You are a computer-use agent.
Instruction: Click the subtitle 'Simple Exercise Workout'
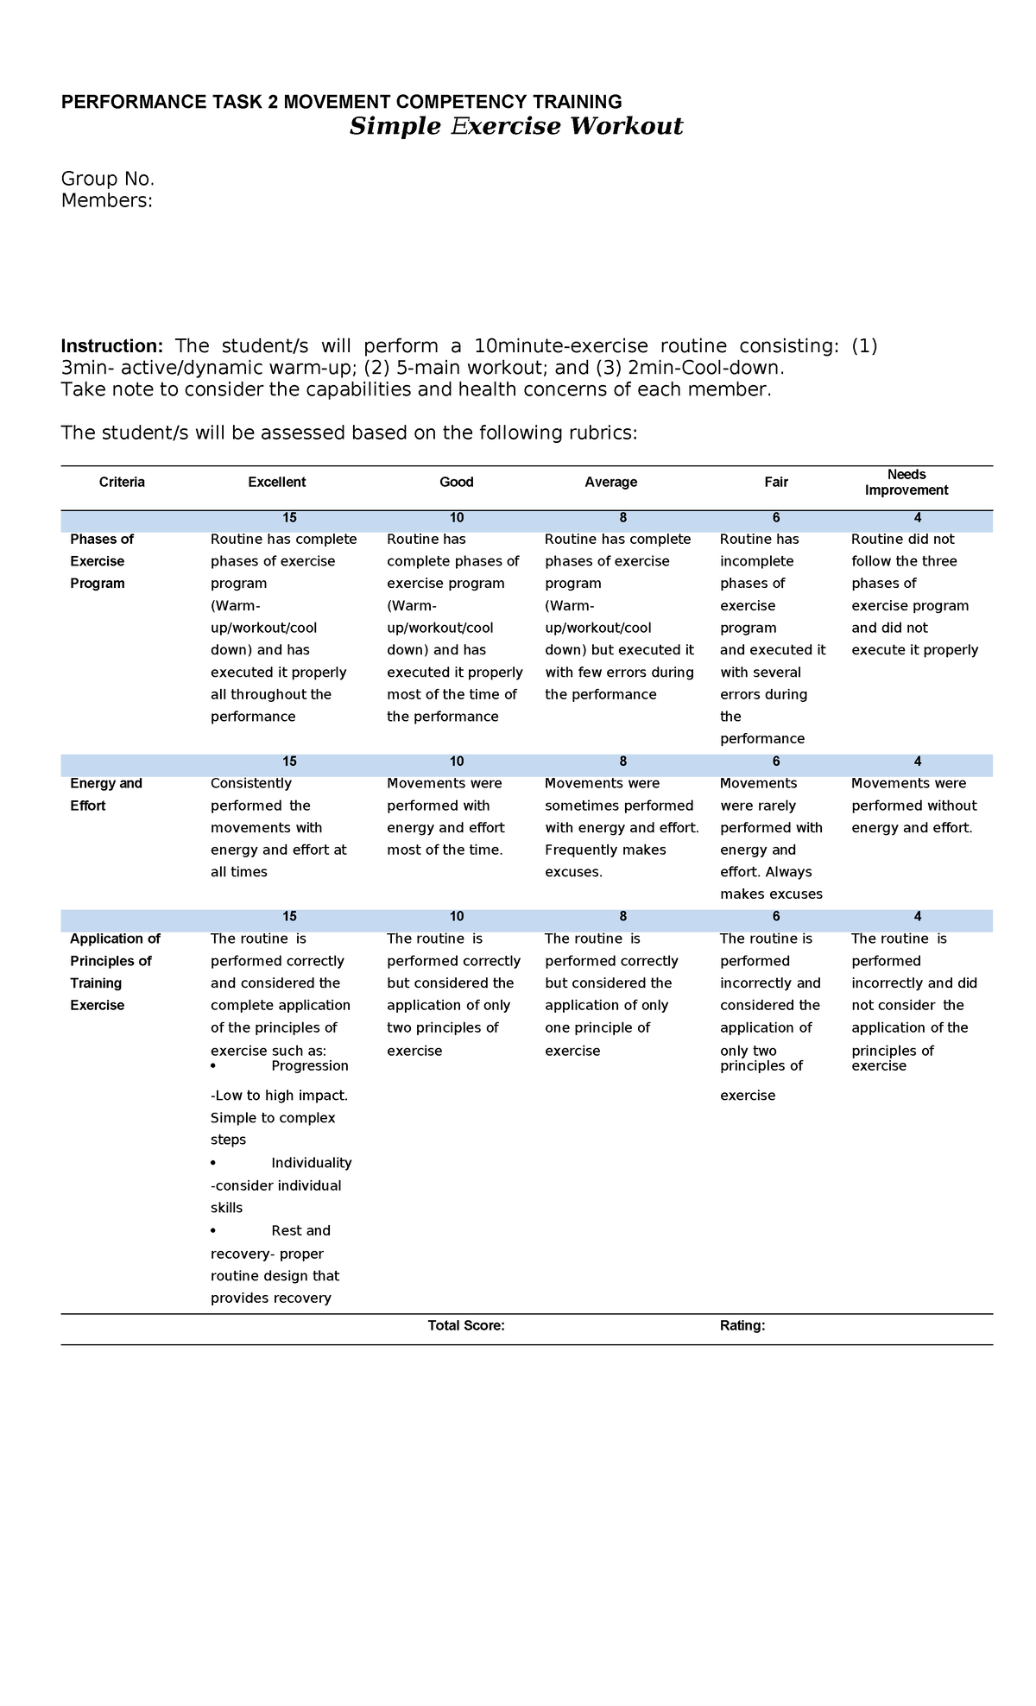(x=515, y=127)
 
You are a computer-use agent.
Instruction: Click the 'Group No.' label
(x=107, y=179)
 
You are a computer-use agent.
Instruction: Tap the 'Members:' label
(x=106, y=200)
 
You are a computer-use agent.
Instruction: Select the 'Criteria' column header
(x=122, y=482)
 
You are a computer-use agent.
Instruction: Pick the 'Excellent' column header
(x=276, y=482)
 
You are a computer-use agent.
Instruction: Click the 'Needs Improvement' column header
(x=906, y=482)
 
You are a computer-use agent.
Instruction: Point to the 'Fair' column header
(x=775, y=482)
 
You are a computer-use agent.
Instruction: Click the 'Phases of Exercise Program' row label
(x=101, y=560)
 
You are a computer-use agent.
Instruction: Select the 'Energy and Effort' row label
(x=105, y=793)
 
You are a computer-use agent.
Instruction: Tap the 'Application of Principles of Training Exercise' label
(x=114, y=971)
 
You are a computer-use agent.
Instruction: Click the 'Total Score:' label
(x=466, y=1325)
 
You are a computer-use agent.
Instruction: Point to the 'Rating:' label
(x=742, y=1325)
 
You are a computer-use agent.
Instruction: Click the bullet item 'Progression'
(x=309, y=1065)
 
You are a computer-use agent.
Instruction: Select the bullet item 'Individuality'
(x=311, y=1163)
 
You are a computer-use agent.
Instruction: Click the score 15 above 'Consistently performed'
(x=289, y=761)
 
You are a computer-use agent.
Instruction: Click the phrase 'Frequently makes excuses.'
(x=604, y=861)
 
